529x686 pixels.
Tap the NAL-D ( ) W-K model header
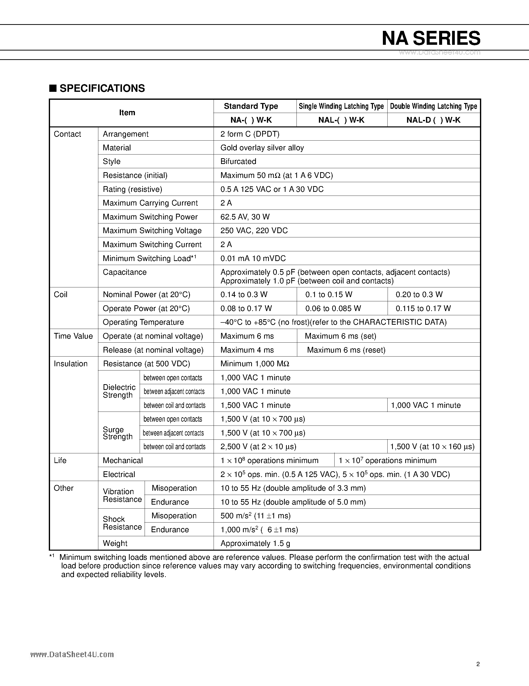(433, 120)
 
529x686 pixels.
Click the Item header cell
(127, 113)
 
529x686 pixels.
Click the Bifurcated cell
(238, 161)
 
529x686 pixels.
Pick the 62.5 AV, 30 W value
(245, 217)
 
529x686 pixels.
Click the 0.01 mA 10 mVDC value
(253, 258)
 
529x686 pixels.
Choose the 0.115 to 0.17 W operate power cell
(423, 309)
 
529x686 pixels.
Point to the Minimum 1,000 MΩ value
(255, 364)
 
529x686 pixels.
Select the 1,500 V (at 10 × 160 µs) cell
(432, 447)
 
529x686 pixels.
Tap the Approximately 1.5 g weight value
(255, 543)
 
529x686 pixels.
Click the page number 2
(478, 664)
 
